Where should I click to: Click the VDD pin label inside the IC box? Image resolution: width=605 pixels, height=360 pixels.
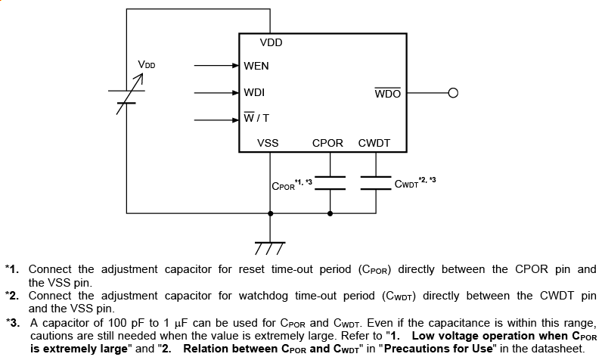click(271, 43)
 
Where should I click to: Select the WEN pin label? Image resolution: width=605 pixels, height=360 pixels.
click(256, 66)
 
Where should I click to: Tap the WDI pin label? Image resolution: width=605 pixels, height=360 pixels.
click(254, 93)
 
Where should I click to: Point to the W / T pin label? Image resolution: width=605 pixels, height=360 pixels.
click(256, 118)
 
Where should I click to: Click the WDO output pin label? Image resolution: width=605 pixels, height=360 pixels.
click(387, 94)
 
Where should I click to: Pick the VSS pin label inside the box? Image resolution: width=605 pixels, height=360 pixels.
click(268, 143)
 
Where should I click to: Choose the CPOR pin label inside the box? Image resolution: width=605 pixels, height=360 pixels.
click(327, 143)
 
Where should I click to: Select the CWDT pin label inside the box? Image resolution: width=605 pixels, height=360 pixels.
click(374, 143)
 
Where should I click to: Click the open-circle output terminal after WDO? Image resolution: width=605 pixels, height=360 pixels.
click(453, 94)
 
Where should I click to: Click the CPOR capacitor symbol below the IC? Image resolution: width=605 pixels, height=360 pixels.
click(330, 182)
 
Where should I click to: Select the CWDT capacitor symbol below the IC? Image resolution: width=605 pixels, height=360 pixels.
click(375, 182)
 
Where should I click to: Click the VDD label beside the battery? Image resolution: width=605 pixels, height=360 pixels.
click(146, 66)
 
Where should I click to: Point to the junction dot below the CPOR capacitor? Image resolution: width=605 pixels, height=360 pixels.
click(330, 213)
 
